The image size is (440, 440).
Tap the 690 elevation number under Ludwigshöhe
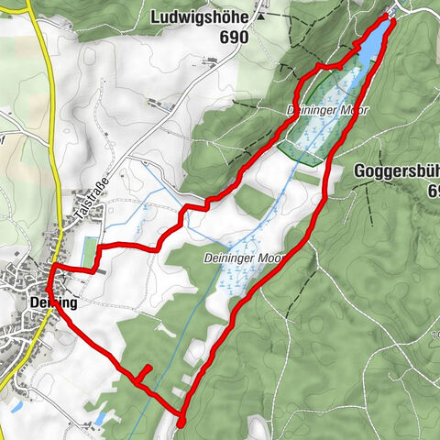[234, 37]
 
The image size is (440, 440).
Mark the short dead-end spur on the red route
[143, 372]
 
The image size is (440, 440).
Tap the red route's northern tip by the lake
[392, 19]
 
